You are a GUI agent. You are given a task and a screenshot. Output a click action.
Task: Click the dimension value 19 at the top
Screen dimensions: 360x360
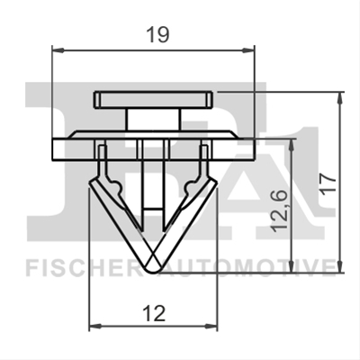(x=157, y=34)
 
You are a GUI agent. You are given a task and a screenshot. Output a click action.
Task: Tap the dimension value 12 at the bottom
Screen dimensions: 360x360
(x=154, y=313)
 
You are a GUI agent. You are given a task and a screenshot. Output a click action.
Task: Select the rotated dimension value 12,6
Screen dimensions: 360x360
(x=280, y=211)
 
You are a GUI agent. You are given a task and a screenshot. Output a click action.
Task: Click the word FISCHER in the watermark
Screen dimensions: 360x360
(x=82, y=267)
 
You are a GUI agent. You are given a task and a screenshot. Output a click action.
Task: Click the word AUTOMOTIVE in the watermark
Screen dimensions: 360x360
(x=246, y=267)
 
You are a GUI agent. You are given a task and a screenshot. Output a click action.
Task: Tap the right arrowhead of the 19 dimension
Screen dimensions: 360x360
(x=248, y=50)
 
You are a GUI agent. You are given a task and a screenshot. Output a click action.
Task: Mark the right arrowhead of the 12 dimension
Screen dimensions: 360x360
(x=211, y=326)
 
